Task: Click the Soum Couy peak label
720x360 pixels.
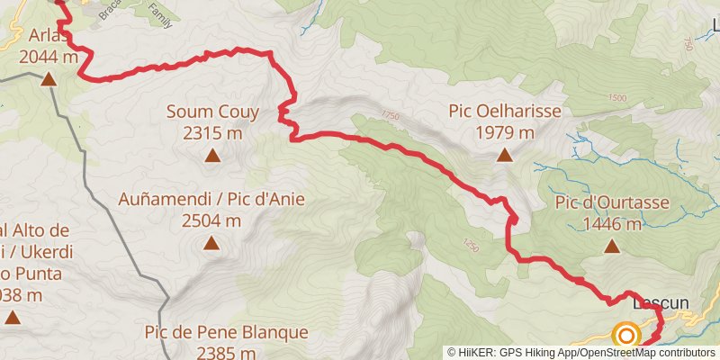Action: (212, 112)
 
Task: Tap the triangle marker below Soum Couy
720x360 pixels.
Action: (212, 156)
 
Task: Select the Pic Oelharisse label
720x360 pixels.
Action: (505, 112)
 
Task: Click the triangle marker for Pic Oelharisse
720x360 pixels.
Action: (505, 155)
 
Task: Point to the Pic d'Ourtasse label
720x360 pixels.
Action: (612, 202)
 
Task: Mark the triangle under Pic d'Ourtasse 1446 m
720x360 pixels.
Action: (612, 246)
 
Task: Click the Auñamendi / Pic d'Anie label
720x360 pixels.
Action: (211, 199)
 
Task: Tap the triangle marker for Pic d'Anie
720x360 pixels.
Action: (211, 242)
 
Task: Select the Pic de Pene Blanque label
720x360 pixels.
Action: (226, 332)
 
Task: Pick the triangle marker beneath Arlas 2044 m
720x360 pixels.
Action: (48, 79)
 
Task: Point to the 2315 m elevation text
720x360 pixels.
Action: (212, 133)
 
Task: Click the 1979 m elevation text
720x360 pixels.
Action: (505, 132)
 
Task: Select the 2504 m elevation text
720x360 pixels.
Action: (211, 220)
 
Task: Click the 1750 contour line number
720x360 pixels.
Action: (389, 116)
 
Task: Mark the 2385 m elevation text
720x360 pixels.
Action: (226, 353)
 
